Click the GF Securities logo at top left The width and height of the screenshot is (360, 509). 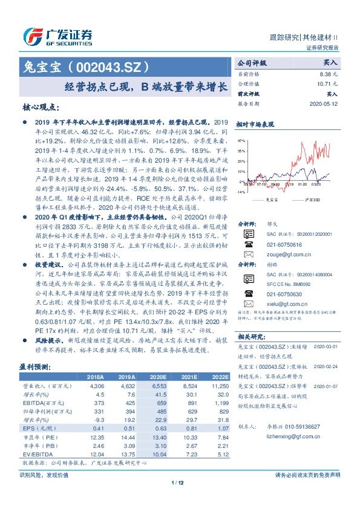coord(57,35)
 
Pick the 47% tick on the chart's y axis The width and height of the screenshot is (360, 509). coord(241,140)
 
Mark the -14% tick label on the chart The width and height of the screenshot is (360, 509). coord(241,192)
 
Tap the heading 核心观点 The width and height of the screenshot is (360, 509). coord(41,108)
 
